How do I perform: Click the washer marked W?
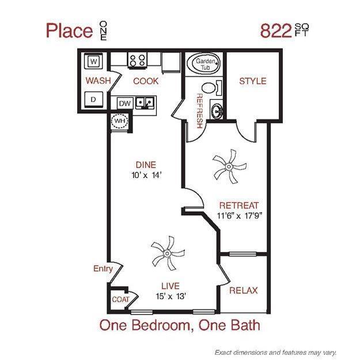click(94, 60)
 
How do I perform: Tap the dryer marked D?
click(94, 99)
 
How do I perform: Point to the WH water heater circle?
click(120, 122)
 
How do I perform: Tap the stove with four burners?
click(138, 60)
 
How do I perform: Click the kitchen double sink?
click(146, 103)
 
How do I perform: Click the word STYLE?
click(253, 81)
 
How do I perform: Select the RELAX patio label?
click(243, 290)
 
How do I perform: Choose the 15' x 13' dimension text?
click(170, 297)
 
